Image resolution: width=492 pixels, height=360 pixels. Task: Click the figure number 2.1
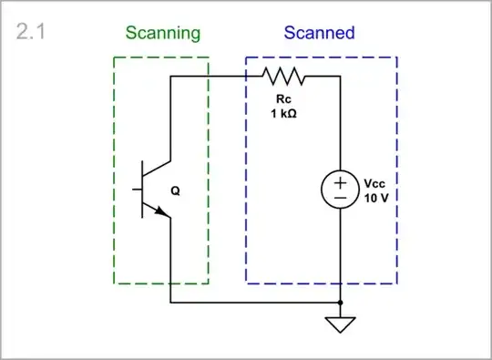pyautogui.click(x=32, y=34)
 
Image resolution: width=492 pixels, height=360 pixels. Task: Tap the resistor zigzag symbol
pyautogui.click(x=285, y=77)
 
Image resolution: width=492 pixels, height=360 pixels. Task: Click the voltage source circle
pyautogui.click(x=340, y=190)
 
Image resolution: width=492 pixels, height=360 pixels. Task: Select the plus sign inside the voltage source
pyautogui.click(x=340, y=182)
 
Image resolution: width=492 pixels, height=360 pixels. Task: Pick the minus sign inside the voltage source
pyautogui.click(x=340, y=198)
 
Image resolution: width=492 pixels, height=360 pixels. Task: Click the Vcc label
pyautogui.click(x=375, y=182)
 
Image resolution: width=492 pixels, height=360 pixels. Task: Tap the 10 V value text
pyautogui.click(x=375, y=198)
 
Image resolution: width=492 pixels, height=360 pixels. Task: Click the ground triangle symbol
pyautogui.click(x=340, y=324)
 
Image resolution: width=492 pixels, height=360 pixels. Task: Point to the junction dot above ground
pyautogui.click(x=340, y=302)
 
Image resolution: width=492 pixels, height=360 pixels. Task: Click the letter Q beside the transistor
pyautogui.click(x=175, y=191)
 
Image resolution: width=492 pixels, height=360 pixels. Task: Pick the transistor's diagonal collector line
pyautogui.click(x=157, y=171)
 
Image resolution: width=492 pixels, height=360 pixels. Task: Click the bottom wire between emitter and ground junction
pyautogui.click(x=255, y=302)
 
